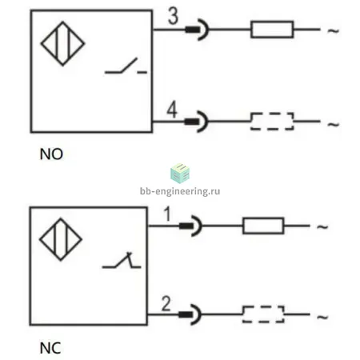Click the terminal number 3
173,16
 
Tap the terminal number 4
172,110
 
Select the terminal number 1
167,214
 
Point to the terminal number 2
166,303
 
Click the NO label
51,154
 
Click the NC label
50,348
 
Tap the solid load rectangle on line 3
272,30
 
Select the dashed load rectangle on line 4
272,122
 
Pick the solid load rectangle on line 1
263,226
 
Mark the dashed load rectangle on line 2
263,314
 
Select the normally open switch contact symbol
126,66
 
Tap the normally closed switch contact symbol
122,260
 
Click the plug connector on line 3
197,30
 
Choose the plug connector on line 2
190,314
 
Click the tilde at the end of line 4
333,124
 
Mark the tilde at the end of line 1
322,227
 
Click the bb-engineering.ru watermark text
180,191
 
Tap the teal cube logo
180,174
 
